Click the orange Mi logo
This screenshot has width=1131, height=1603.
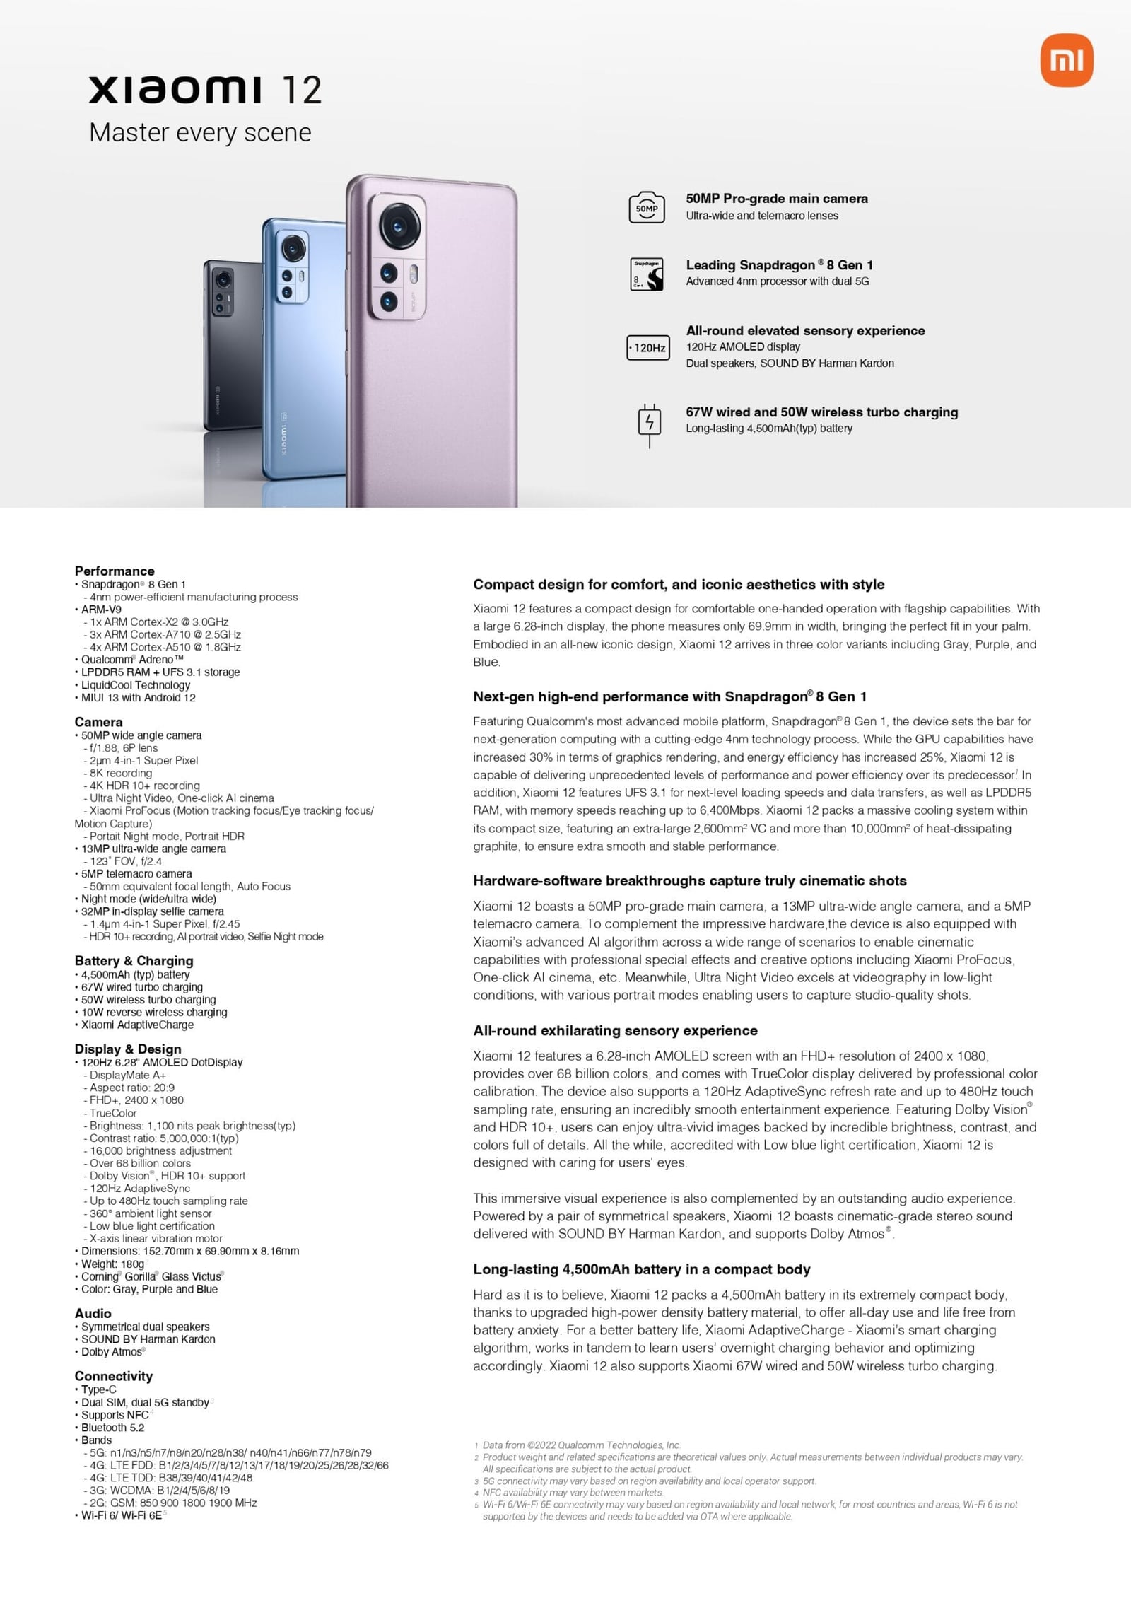point(1067,62)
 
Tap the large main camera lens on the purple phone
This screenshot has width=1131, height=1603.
point(399,227)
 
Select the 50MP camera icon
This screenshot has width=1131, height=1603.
point(647,208)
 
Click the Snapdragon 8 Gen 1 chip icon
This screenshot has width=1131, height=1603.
point(647,274)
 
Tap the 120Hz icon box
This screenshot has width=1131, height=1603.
point(648,348)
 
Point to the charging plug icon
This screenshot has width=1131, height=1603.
point(650,424)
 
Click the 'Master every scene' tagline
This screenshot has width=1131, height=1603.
point(200,133)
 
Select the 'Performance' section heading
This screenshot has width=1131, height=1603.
point(115,571)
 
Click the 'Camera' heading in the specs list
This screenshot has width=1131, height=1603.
point(98,722)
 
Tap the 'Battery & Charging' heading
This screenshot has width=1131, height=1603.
point(134,961)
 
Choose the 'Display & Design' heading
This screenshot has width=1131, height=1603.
point(128,1049)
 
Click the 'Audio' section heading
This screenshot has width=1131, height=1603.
point(93,1313)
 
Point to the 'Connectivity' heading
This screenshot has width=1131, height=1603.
point(113,1376)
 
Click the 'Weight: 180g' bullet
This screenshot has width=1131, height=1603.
point(112,1264)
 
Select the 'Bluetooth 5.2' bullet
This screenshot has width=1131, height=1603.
point(112,1428)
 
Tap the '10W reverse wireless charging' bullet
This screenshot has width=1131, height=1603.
point(154,1013)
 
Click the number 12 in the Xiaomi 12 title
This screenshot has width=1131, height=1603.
point(302,91)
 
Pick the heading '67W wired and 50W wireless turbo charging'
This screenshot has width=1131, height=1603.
point(821,412)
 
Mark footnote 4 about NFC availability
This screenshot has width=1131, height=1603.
point(573,1493)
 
